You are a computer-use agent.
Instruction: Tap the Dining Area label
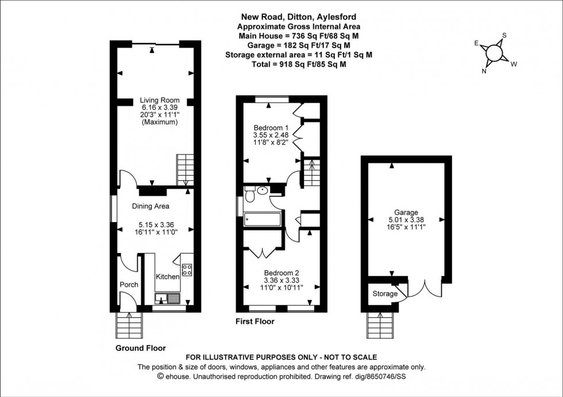tap(151, 206)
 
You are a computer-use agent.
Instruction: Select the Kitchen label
tap(168, 277)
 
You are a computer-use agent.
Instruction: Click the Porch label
tap(128, 285)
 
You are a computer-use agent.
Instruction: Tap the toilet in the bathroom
tap(250, 196)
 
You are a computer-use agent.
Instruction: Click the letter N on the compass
tap(484, 71)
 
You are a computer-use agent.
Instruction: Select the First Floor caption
tap(255, 322)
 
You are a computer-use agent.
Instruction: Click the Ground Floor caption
tap(141, 348)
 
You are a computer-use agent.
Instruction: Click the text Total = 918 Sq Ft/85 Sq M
tap(299, 64)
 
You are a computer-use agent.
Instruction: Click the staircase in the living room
tap(184, 170)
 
